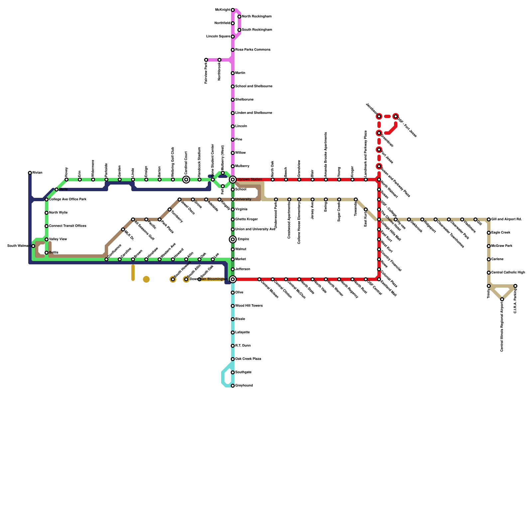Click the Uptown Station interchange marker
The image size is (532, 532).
tap(233, 180)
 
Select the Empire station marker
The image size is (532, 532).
tap(233, 239)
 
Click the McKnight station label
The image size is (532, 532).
tap(222, 10)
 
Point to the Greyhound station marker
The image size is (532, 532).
tap(233, 386)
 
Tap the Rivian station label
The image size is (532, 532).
tap(37, 173)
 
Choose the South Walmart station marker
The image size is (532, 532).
tap(33, 246)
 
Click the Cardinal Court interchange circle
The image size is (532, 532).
tap(186, 180)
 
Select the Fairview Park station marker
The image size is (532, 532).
tap(206, 60)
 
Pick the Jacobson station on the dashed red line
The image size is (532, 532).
tap(379, 116)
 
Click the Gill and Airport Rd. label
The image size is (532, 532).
tap(506, 219)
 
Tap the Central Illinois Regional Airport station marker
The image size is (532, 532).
tap(502, 299)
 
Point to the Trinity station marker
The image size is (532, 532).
tap(489, 286)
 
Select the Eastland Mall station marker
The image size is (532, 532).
tap(379, 279)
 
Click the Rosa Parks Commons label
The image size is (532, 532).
tap(253, 50)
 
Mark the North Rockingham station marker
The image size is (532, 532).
tap(239, 17)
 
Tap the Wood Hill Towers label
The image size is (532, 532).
tap(249, 306)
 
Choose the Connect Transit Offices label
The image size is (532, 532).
tap(67, 226)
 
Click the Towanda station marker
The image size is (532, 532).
tap(356, 199)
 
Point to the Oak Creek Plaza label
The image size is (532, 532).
tap(248, 359)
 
